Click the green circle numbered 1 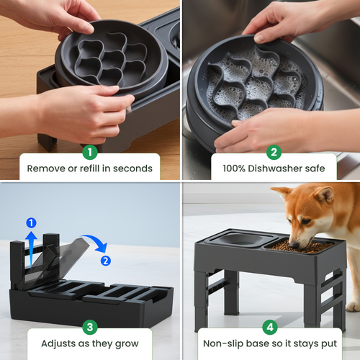tap(90, 152)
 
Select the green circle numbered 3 tap(90, 327)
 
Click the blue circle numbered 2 tap(107, 260)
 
